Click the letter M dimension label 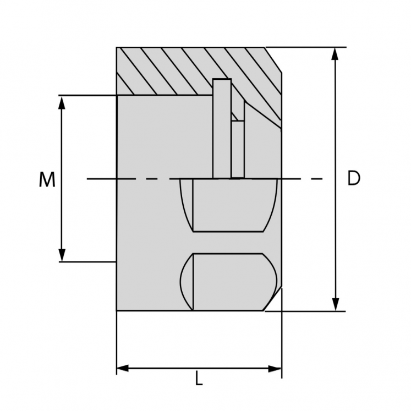coord(47,180)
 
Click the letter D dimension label coord(354,178)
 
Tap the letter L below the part coord(199,379)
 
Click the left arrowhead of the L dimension coord(123,368)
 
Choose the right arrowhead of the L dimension coord(275,368)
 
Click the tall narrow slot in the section coord(222,129)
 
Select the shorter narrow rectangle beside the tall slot coord(238,149)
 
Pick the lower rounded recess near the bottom coord(228,281)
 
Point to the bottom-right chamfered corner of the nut coord(274,299)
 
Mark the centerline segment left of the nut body coord(101,178)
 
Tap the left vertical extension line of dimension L coord(117,341)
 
